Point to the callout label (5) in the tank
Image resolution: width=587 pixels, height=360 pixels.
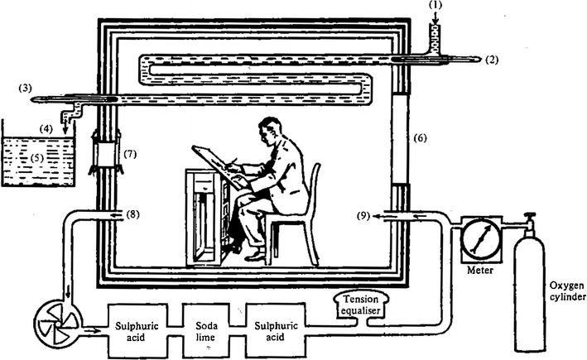pyautogui.click(x=33, y=155)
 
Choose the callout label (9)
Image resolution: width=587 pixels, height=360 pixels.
pyautogui.click(x=364, y=216)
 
